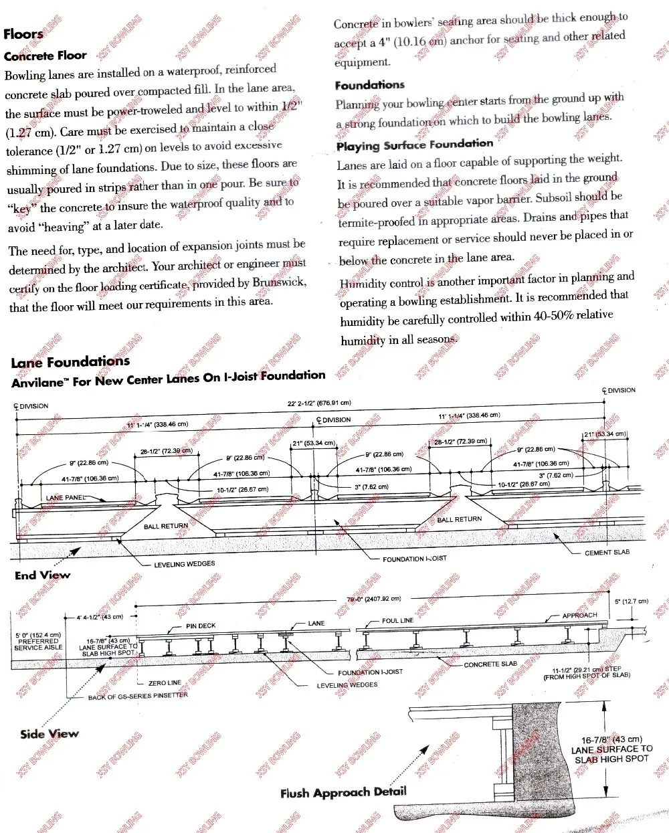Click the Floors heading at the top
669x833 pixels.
tap(23, 34)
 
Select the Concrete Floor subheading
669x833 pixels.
tap(45, 56)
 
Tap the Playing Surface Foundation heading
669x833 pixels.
tap(414, 145)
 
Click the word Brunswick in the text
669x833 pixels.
tap(279, 282)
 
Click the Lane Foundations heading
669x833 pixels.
tap(70, 362)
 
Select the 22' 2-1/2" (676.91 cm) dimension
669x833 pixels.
tap(319, 403)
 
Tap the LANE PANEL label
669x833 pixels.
tap(66, 498)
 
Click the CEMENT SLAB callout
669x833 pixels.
tap(607, 553)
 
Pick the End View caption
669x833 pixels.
tap(42, 575)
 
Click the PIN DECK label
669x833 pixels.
tap(201, 626)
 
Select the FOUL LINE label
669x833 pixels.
tap(397, 621)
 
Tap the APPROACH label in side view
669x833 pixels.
tap(579, 616)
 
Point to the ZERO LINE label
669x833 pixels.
tap(165, 683)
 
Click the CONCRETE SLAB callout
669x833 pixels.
tap(490, 664)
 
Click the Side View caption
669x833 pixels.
tap(50, 734)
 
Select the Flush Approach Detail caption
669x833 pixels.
tap(343, 794)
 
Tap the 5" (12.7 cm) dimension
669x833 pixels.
tap(632, 601)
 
